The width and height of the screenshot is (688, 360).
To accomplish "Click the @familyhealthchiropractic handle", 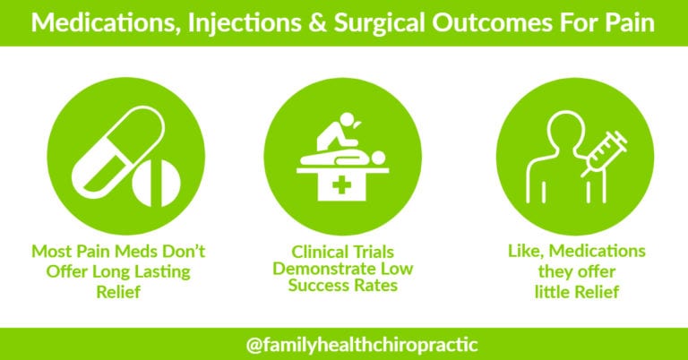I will tap(344, 342).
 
